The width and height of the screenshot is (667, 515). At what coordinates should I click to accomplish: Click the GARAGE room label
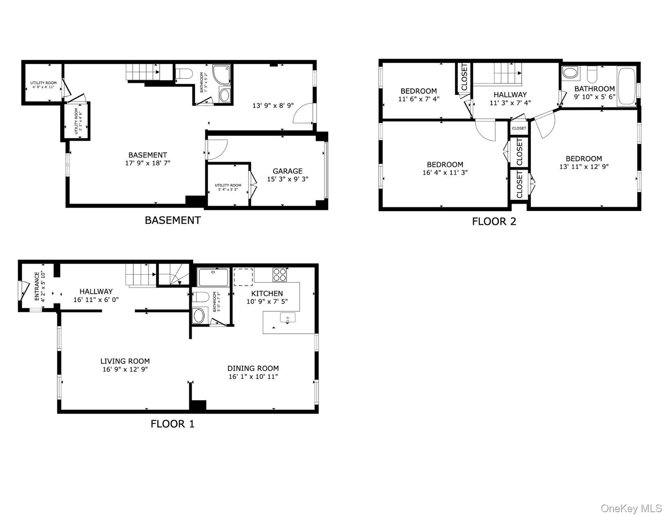(x=287, y=171)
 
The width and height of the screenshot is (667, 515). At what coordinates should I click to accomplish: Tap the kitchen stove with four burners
(x=279, y=275)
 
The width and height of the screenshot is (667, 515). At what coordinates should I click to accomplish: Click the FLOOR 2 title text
(x=494, y=221)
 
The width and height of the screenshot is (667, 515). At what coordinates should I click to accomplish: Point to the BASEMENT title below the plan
(x=173, y=220)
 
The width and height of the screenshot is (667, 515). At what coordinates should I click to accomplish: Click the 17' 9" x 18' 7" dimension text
(x=148, y=163)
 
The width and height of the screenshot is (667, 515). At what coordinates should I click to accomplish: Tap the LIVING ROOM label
(x=125, y=361)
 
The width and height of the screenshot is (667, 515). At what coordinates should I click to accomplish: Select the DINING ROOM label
(x=253, y=368)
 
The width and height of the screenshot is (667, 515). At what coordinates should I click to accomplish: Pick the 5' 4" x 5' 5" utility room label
(x=228, y=187)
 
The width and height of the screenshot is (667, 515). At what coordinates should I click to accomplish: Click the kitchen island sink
(x=287, y=318)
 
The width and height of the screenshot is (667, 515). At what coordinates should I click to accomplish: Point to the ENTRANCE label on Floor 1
(x=37, y=286)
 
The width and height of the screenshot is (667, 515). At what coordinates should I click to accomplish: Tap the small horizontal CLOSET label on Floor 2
(x=519, y=128)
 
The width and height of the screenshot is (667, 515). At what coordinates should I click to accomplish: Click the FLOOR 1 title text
(x=173, y=424)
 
